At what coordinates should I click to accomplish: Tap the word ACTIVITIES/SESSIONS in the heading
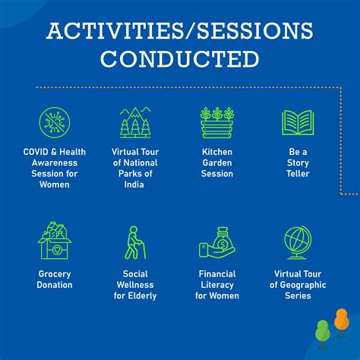click(179, 31)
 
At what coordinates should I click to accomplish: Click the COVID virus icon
click(54, 122)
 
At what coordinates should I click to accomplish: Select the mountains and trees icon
click(135, 122)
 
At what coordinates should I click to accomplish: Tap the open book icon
click(298, 122)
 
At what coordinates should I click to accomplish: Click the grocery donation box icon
click(54, 242)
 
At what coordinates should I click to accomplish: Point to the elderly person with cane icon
click(135, 242)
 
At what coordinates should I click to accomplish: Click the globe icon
click(298, 242)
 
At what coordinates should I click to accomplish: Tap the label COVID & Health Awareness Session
click(54, 168)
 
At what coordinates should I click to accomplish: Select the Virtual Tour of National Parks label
click(135, 168)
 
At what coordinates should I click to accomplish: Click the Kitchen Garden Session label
click(216, 163)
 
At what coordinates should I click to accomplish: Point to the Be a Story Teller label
click(298, 163)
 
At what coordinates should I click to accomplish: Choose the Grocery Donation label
click(54, 279)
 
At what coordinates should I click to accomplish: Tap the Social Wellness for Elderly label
click(135, 285)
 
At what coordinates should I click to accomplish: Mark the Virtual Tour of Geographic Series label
click(298, 285)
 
